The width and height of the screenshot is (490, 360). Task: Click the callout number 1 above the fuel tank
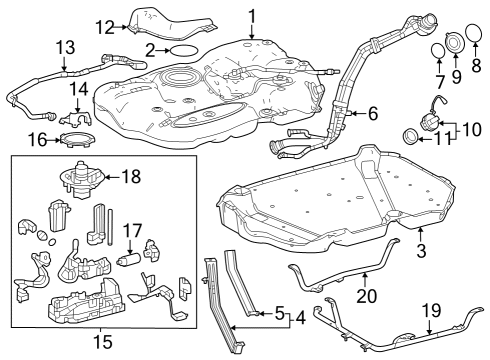[x=252, y=15]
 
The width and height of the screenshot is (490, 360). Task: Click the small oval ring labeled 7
[x=437, y=50]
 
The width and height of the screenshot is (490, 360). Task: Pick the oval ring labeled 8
[x=474, y=43]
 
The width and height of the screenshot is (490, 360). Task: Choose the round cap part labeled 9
[x=453, y=42]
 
